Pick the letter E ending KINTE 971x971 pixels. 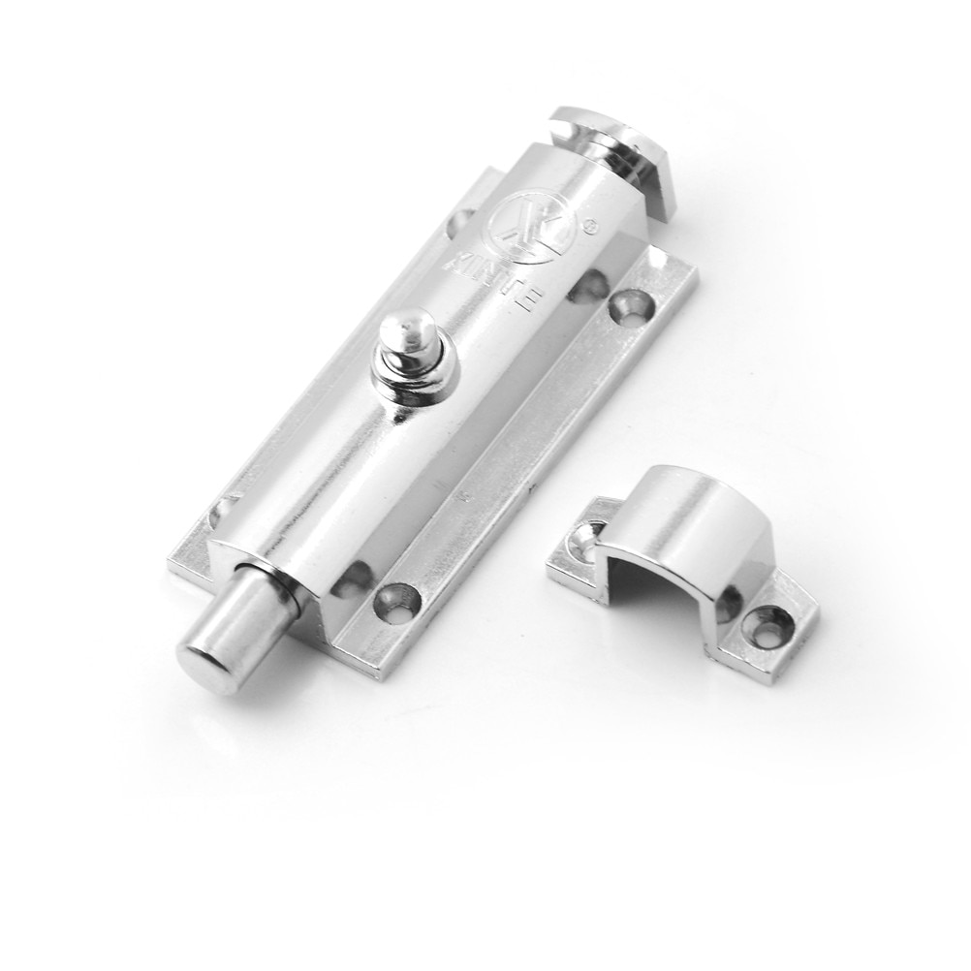pyautogui.click(x=532, y=302)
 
